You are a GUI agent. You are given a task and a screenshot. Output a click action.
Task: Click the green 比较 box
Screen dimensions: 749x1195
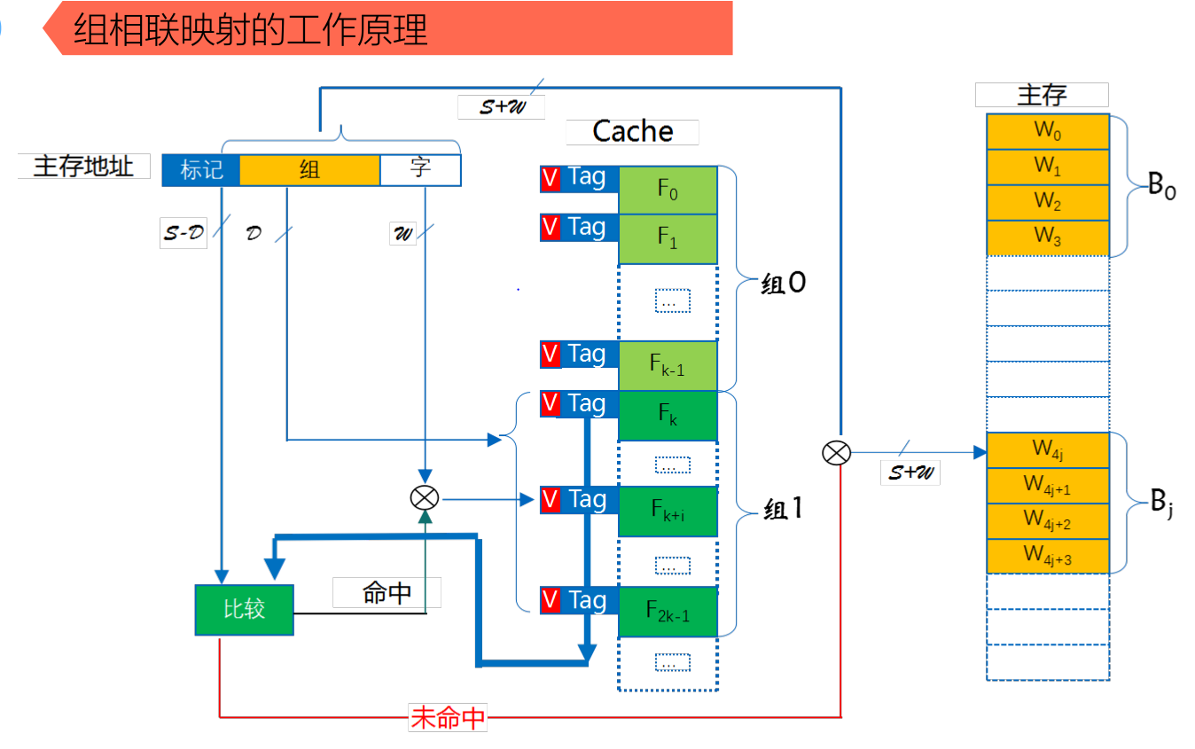point(244,610)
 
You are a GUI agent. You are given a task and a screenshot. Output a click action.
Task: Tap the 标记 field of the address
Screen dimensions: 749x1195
point(201,169)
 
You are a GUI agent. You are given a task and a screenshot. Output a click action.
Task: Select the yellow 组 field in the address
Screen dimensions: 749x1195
point(309,169)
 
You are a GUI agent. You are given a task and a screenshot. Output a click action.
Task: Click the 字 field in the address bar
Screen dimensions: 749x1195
point(420,169)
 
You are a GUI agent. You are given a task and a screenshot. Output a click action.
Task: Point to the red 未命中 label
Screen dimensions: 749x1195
point(448,717)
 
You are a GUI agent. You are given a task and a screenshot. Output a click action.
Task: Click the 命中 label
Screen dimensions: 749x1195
point(387,593)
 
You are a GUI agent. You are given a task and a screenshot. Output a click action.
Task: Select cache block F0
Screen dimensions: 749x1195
point(668,190)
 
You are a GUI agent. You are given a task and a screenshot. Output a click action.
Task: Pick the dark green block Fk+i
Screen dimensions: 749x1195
point(668,511)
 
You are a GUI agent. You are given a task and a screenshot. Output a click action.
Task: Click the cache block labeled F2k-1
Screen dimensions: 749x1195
point(668,612)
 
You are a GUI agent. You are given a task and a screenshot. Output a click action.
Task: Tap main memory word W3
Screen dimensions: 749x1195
point(1047,238)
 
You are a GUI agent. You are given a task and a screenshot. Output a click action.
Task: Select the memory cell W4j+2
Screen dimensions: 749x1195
point(1047,521)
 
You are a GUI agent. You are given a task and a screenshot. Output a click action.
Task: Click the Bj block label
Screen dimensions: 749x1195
point(1161,505)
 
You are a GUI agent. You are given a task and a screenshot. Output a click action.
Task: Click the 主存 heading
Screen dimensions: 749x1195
point(1042,95)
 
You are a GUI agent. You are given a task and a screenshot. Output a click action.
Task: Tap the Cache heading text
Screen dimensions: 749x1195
point(632,132)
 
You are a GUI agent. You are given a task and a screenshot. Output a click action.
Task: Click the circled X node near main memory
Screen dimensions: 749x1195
point(835,454)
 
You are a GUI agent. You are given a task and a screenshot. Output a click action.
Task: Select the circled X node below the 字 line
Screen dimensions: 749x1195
point(425,498)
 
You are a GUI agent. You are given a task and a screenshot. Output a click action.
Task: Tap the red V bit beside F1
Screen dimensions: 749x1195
point(550,227)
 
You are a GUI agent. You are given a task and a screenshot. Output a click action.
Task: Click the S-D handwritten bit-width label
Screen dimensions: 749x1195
point(183,235)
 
